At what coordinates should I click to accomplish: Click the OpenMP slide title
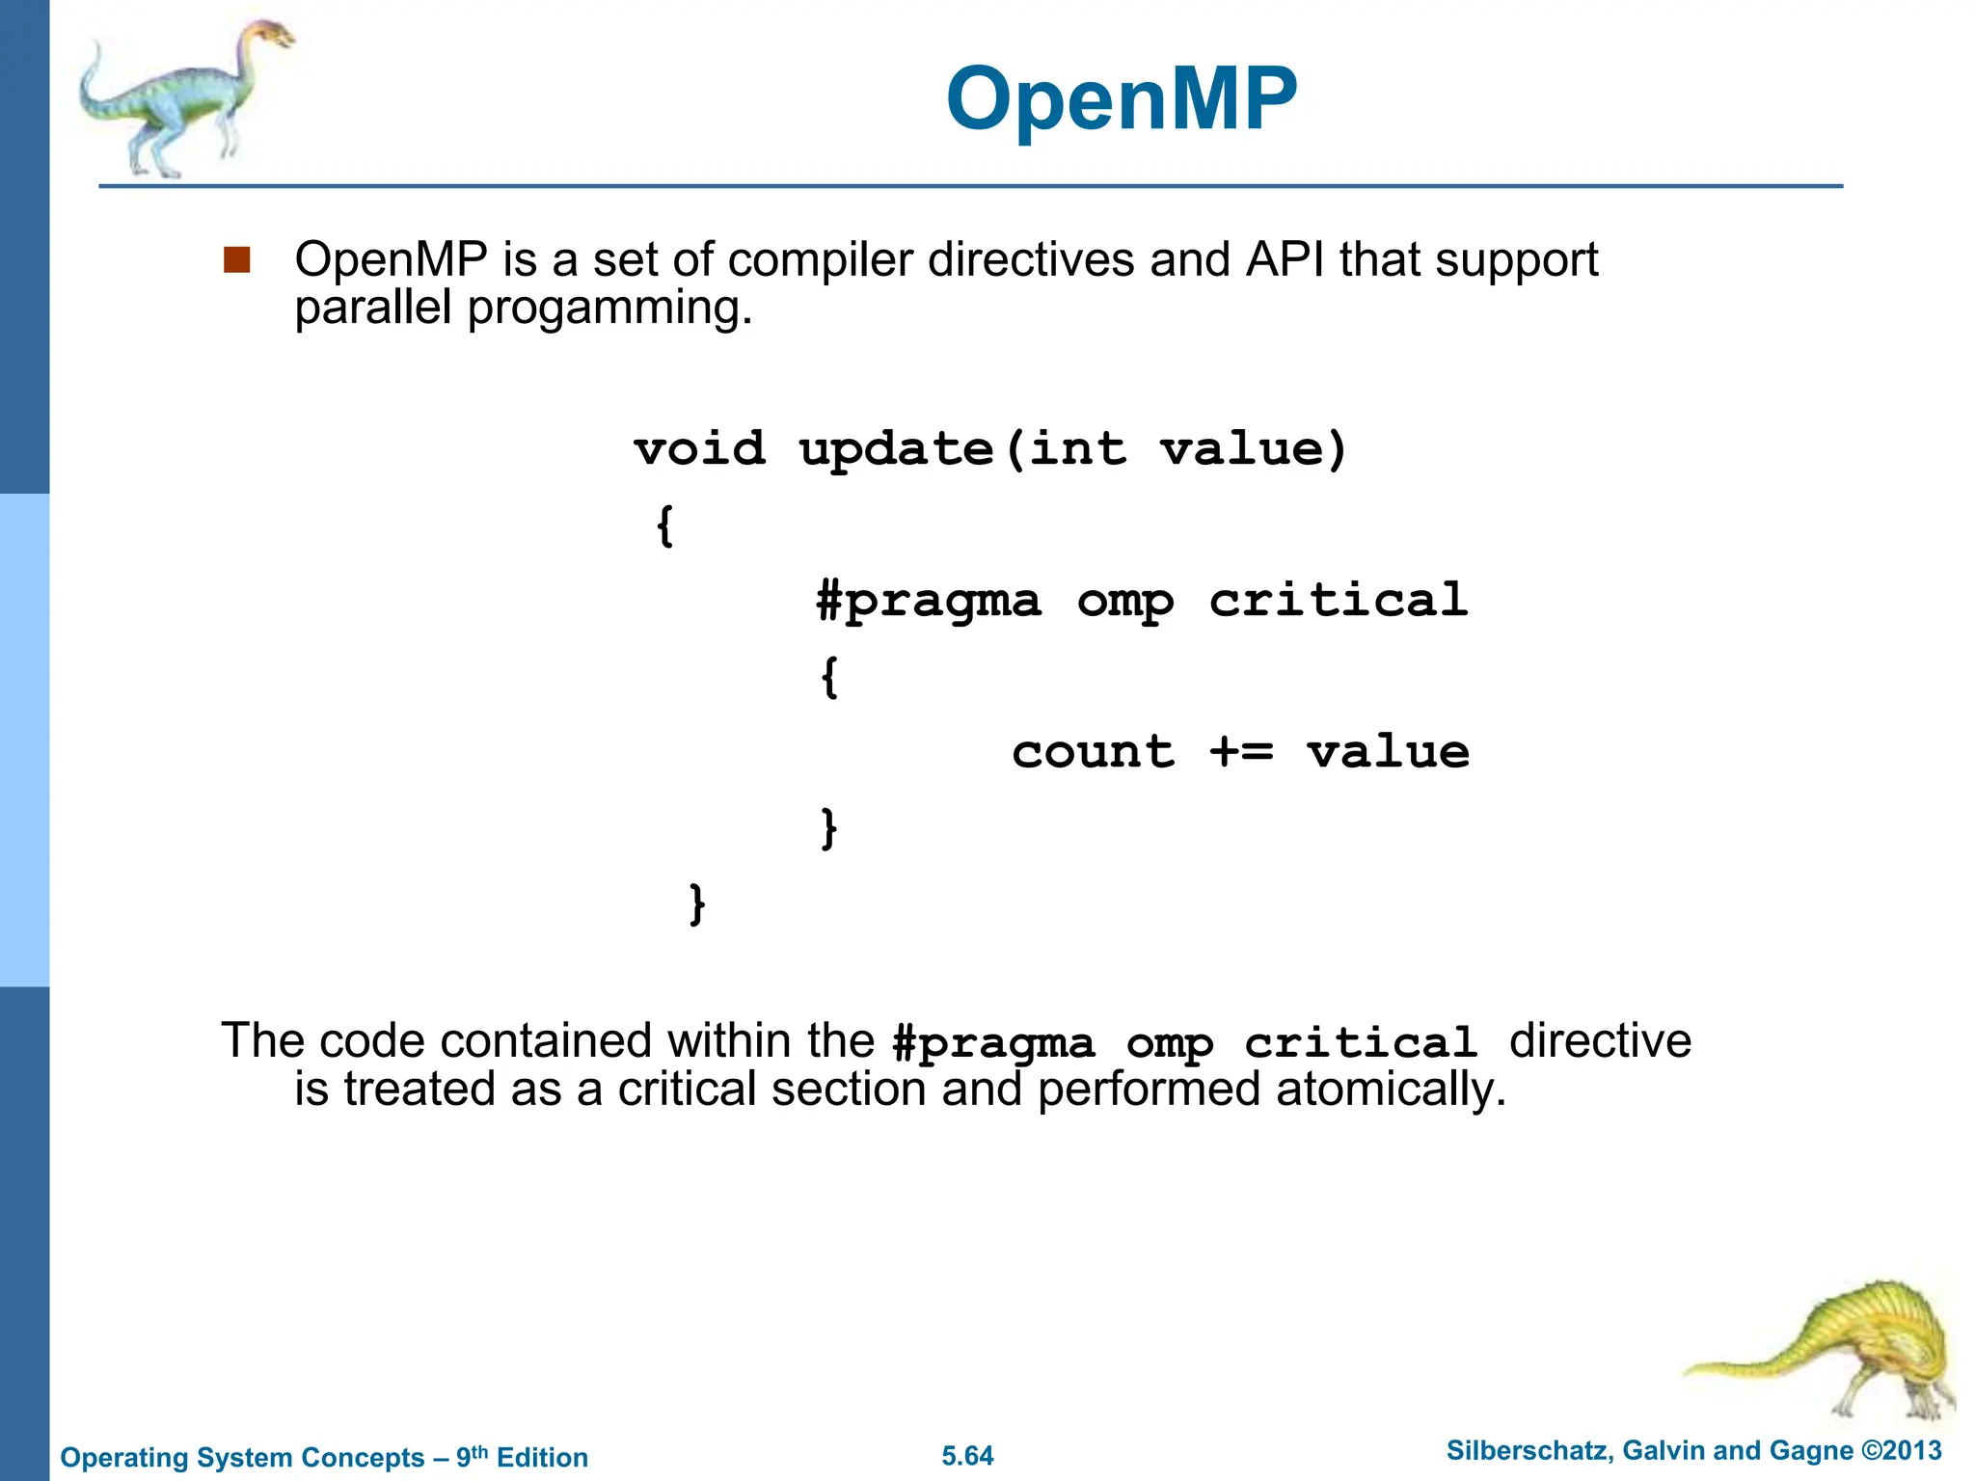pos(1122,99)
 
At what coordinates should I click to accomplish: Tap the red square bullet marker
pos(236,260)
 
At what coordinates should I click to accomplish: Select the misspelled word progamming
pos(609,309)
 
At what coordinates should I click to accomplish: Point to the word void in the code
pos(699,449)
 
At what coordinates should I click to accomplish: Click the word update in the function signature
pos(896,449)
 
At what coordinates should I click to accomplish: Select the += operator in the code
pos(1241,751)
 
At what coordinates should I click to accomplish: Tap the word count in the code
pos(1093,751)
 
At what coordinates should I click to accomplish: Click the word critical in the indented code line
pos(1339,600)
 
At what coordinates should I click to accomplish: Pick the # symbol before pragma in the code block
pos(829,600)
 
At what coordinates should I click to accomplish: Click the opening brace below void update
pos(664,525)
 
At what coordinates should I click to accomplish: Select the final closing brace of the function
pos(697,903)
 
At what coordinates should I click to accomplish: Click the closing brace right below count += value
pos(828,827)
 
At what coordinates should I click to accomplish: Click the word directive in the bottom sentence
pos(1599,1041)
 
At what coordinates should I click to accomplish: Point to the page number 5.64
pos(967,1456)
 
